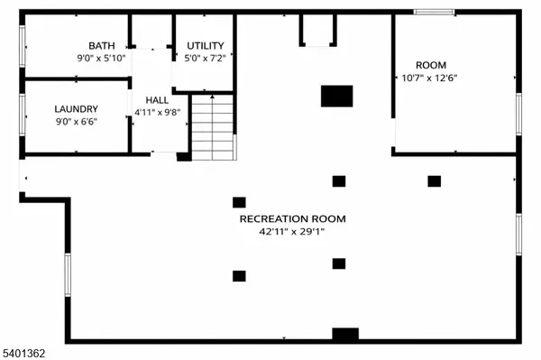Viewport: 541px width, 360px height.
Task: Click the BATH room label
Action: coord(101,46)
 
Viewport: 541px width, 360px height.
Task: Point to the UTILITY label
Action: coord(206,46)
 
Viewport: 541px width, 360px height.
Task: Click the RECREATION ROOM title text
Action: coord(292,218)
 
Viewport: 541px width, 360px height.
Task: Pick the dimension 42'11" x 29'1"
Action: coord(292,232)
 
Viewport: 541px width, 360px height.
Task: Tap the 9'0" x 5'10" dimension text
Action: coord(101,58)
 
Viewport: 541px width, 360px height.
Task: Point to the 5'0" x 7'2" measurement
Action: coord(206,58)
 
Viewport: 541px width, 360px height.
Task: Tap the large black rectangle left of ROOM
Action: coord(337,95)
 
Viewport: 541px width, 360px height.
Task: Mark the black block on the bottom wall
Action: coord(344,335)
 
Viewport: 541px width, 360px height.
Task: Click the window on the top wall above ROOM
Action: coord(434,12)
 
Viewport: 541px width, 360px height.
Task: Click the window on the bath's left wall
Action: coord(22,45)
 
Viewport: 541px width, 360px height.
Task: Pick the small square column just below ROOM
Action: coord(434,180)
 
